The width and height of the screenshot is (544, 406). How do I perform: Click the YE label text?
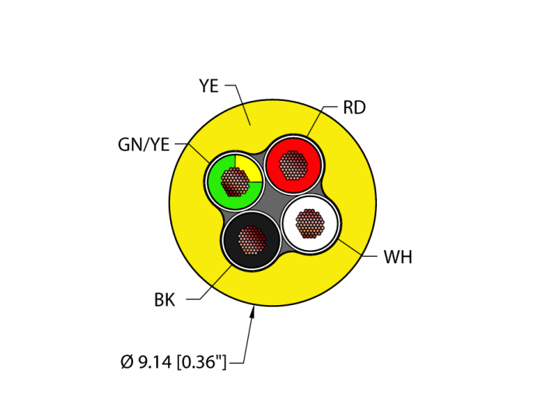click(x=208, y=86)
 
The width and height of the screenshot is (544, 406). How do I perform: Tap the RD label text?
click(x=354, y=108)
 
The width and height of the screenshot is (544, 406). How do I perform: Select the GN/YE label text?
click(x=144, y=144)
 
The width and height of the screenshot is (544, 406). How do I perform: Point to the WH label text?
click(x=397, y=258)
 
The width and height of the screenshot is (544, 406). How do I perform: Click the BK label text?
click(x=164, y=300)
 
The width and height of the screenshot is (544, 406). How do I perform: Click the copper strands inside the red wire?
click(x=293, y=165)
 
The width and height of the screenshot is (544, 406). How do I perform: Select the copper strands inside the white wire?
click(x=310, y=224)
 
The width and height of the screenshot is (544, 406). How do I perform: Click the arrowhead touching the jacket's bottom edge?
click(x=253, y=312)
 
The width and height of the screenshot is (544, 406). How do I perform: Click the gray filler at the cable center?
click(x=272, y=204)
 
